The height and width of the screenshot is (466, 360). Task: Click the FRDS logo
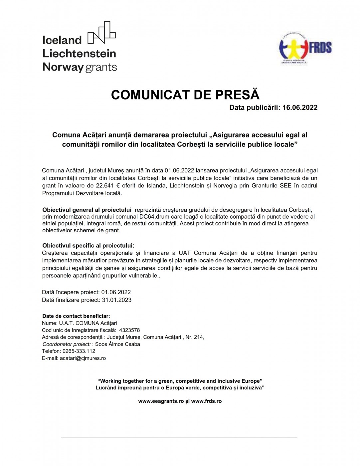[305, 49]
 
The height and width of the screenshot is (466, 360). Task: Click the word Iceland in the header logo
[62, 40]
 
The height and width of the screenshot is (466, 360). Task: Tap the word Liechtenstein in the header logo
[79, 54]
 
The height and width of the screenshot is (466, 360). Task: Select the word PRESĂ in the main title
[237, 95]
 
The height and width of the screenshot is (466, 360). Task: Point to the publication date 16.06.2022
[300, 108]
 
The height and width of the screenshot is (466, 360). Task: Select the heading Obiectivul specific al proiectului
[88, 246]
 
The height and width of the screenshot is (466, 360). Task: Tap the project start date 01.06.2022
[116, 292]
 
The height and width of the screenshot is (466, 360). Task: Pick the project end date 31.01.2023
[116, 300]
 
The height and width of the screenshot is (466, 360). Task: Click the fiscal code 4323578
[129, 330]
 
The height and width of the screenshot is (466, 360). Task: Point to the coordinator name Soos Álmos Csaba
[117, 344]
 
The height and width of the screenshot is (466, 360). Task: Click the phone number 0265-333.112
[79, 351]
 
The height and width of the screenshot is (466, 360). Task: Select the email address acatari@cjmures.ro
[83, 358]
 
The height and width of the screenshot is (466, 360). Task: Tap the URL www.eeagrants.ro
[161, 401]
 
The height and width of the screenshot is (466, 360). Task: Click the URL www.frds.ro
[206, 401]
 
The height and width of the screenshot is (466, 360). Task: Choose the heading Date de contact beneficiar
[76, 316]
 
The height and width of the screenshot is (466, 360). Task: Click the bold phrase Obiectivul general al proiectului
[87, 210]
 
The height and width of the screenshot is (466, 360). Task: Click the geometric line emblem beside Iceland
[101, 33]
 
